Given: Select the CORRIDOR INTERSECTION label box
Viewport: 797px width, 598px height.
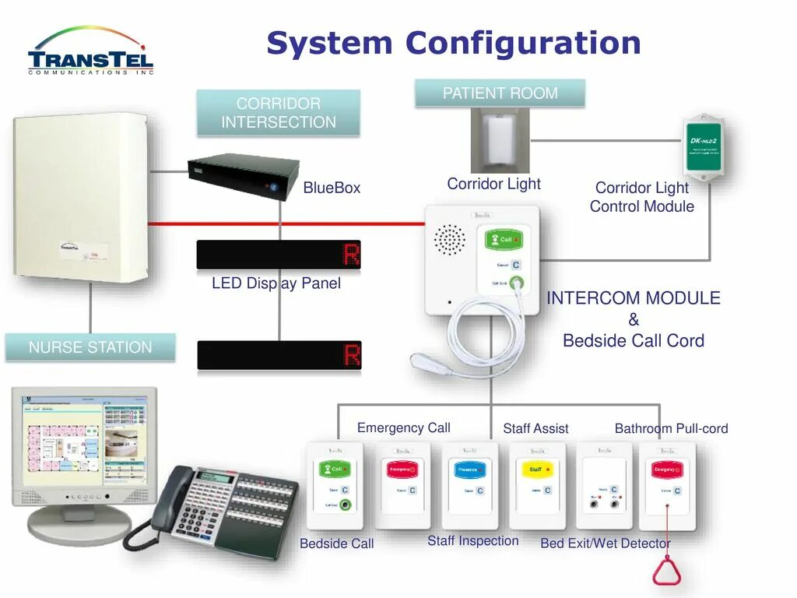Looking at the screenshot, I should click(278, 113).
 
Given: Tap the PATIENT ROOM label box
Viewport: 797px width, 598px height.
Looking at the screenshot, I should click(500, 93).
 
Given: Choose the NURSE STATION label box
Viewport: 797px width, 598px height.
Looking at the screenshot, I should click(90, 347).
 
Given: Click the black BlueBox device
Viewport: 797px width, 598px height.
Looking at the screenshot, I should click(244, 176).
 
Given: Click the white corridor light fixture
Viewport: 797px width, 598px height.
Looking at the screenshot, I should click(499, 140).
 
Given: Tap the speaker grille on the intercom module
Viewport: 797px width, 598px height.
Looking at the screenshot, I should click(449, 240).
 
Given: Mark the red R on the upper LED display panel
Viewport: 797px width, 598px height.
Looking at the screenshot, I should click(352, 255).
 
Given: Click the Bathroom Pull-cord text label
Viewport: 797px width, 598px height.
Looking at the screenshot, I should click(671, 428).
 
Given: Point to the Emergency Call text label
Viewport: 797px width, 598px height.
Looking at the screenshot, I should click(403, 427).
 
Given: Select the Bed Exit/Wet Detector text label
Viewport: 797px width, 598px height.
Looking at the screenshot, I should click(605, 543).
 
